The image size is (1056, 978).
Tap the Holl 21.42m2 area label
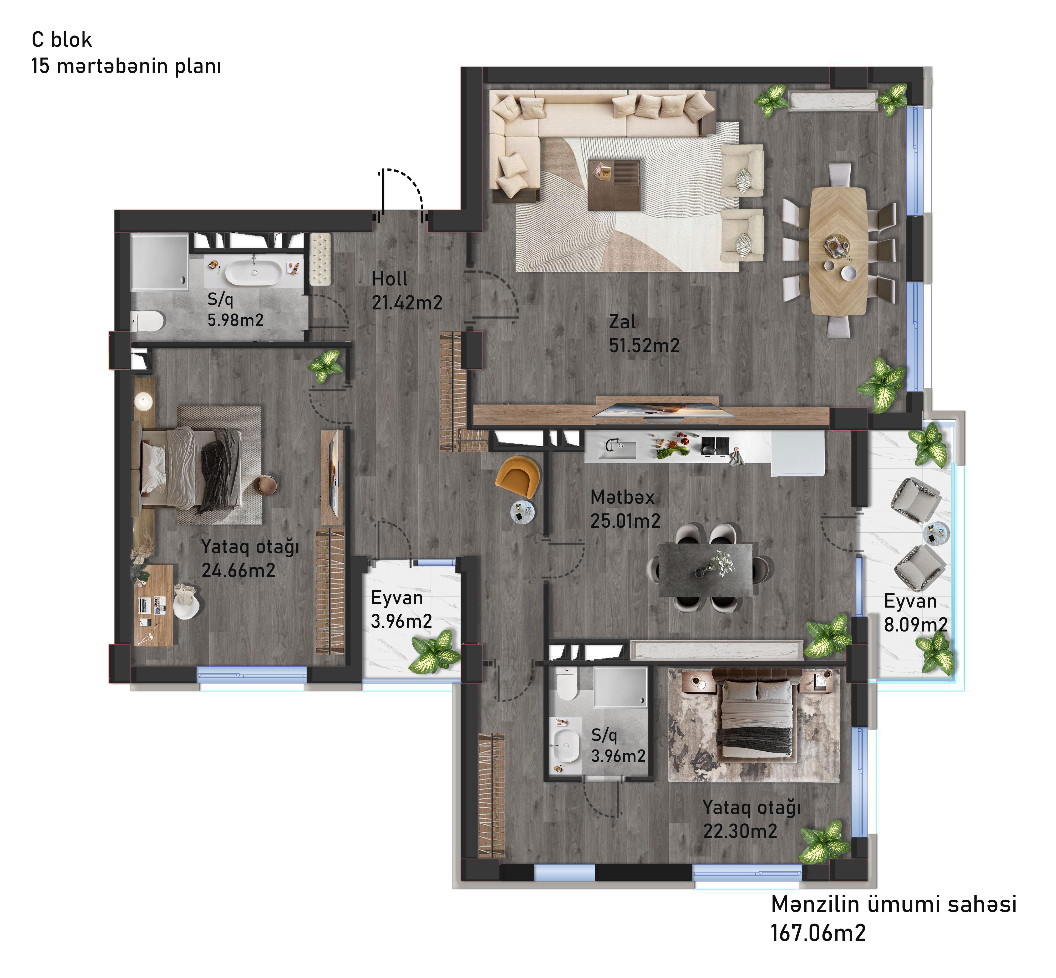coord(407,291)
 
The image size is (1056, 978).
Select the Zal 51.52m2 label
coord(644,333)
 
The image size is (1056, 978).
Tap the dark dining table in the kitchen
coord(705,569)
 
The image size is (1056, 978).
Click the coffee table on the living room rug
coord(613,185)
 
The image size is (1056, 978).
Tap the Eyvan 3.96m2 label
coord(401,609)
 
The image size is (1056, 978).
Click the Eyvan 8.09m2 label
coord(915,613)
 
